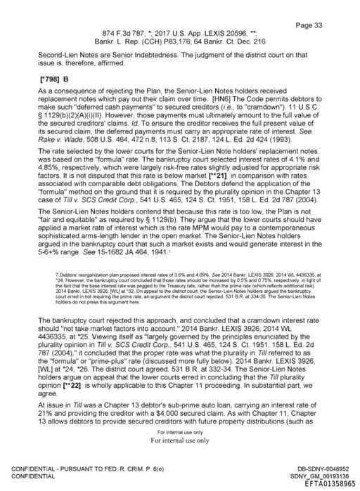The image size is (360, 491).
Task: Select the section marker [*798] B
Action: pyautogui.click(x=49, y=79)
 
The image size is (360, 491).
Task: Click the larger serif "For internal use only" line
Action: pyautogui.click(x=180, y=440)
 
